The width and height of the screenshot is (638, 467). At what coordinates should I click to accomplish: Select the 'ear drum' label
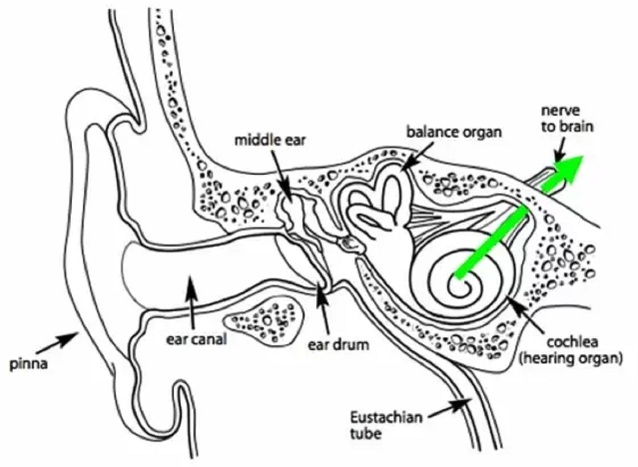click(339, 344)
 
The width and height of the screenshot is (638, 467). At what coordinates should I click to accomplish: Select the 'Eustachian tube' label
click(386, 424)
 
